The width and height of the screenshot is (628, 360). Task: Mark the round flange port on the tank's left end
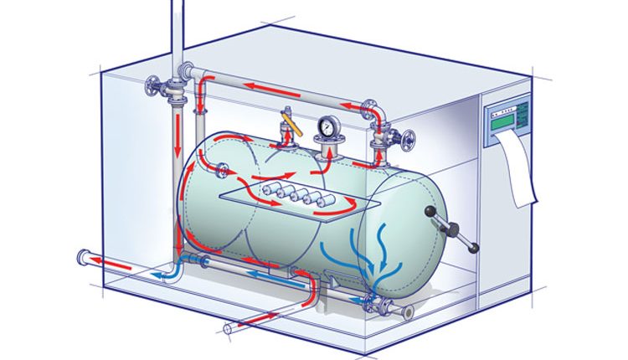click(x=224, y=172)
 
